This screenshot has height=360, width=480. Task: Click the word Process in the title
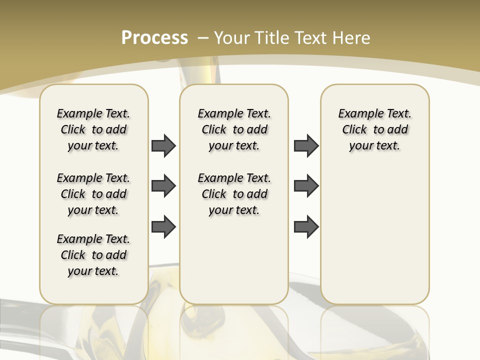(x=154, y=37)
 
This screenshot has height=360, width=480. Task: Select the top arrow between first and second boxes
(x=163, y=146)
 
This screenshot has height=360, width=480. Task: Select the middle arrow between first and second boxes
(x=163, y=186)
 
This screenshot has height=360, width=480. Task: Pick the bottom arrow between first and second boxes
(x=163, y=226)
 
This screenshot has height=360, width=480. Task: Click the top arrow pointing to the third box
(x=306, y=146)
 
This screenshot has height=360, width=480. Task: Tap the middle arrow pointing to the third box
(x=306, y=186)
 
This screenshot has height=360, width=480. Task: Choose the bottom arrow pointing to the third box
(x=306, y=226)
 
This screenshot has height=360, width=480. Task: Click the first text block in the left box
(x=93, y=129)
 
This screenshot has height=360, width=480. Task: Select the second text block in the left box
(x=93, y=194)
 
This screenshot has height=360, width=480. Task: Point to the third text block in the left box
(x=93, y=255)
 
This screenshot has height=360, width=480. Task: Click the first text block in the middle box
(x=234, y=129)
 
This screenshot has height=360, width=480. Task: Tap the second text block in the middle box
(x=234, y=194)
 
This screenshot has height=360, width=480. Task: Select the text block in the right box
(x=374, y=129)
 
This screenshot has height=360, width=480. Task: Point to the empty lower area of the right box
(x=374, y=235)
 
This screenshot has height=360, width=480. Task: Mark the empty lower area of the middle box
(x=234, y=260)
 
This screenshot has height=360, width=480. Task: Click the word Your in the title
(x=233, y=37)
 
